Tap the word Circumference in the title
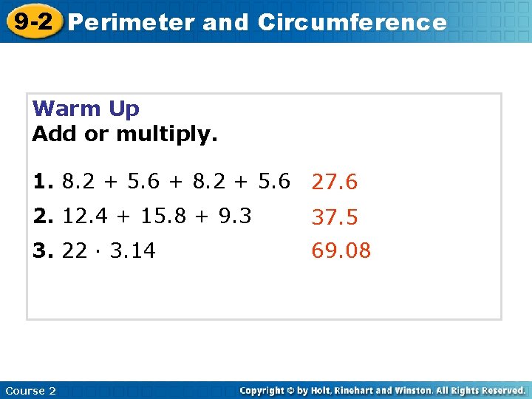[352, 23]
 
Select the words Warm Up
[86, 109]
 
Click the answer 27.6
[334, 182]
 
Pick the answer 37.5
[334, 217]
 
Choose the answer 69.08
[341, 251]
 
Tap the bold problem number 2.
[43, 216]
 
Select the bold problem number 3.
[43, 251]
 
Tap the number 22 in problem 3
[75, 251]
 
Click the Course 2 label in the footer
[30, 390]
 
